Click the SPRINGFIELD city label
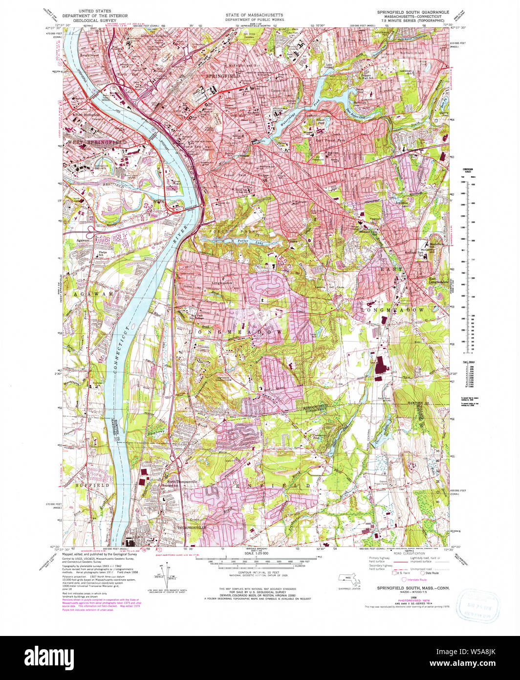tap(223, 77)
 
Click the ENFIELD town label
tap(273, 485)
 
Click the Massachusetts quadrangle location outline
tap(350, 579)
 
